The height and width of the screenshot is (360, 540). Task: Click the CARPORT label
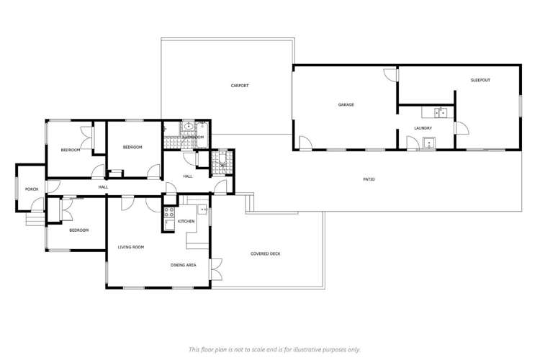[240, 86]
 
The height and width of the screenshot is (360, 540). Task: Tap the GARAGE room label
[346, 104]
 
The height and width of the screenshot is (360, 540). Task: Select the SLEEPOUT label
[480, 80]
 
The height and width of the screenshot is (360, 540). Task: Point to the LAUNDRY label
[423, 128]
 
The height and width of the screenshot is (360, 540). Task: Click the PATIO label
[368, 179]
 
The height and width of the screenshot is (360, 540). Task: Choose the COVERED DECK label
[265, 253]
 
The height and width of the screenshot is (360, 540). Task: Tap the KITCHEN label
[186, 221]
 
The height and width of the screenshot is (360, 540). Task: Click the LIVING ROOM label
[131, 247]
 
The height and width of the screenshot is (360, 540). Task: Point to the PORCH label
[32, 189]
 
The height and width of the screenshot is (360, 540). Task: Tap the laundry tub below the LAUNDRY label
[429, 143]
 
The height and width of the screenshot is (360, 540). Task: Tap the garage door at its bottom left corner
[305, 143]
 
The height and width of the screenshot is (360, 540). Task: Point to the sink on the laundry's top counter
[440, 112]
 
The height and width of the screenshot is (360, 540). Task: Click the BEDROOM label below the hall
[78, 230]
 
